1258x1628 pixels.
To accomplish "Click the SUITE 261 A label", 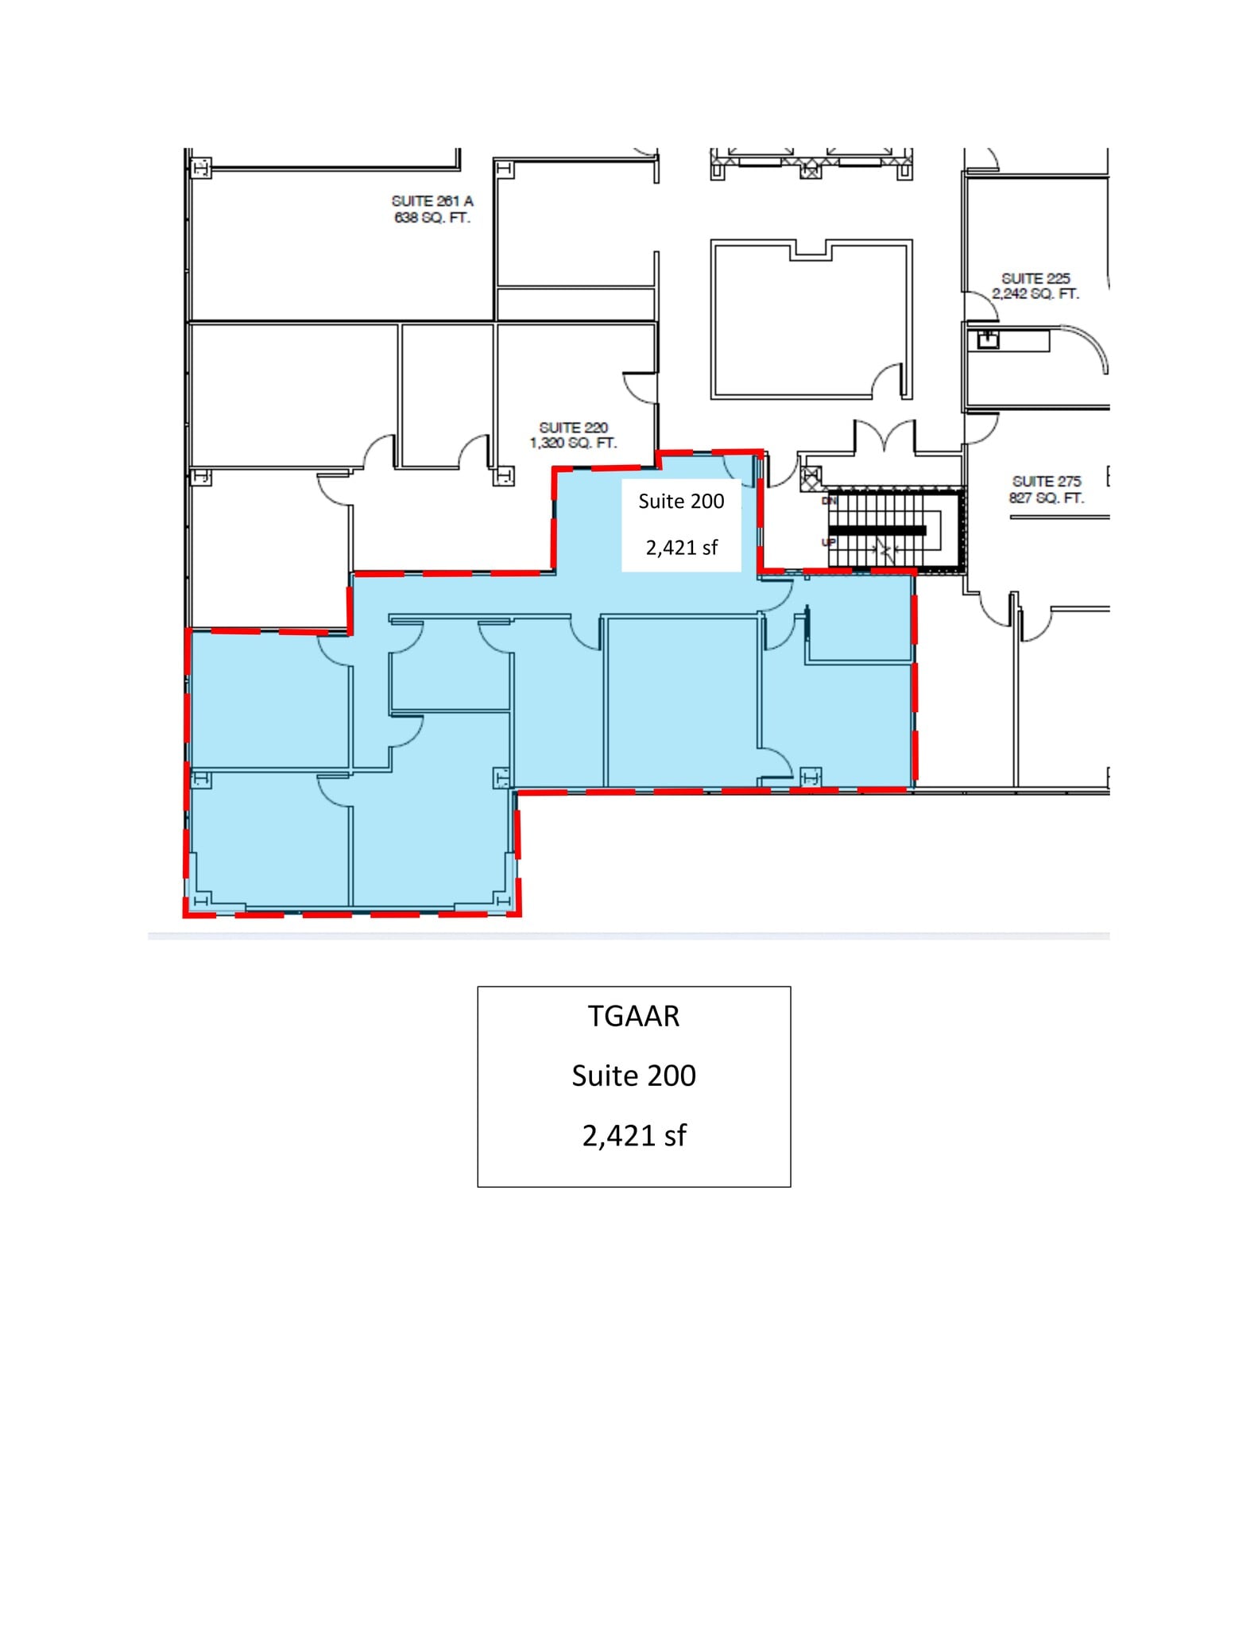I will pos(432,201).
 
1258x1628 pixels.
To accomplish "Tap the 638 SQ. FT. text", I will pos(432,218).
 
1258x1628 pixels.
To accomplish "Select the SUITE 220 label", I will pos(573,428).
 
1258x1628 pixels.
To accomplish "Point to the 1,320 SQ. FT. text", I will pos(573,444).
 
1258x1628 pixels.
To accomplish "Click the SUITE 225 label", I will pos(1035,278).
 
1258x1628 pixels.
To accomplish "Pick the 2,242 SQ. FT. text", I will pos(1035,294).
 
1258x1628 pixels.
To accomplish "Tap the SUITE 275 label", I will pos(1047,482).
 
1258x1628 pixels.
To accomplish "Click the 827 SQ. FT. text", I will pos(1047,498).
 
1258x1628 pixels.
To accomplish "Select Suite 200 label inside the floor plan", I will pos(681,502).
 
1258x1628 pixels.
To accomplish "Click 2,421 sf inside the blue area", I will pos(681,548).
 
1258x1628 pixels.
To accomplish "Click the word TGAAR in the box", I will pos(633,1017).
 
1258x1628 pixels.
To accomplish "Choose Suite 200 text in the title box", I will pos(633,1076).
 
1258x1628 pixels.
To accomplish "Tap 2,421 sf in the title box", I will pos(633,1136).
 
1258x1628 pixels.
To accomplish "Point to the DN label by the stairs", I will pos(829,502).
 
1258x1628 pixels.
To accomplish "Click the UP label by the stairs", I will pos(828,542).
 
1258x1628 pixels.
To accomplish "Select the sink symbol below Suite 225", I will pos(988,339).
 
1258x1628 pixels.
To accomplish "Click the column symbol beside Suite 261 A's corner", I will pos(200,169).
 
